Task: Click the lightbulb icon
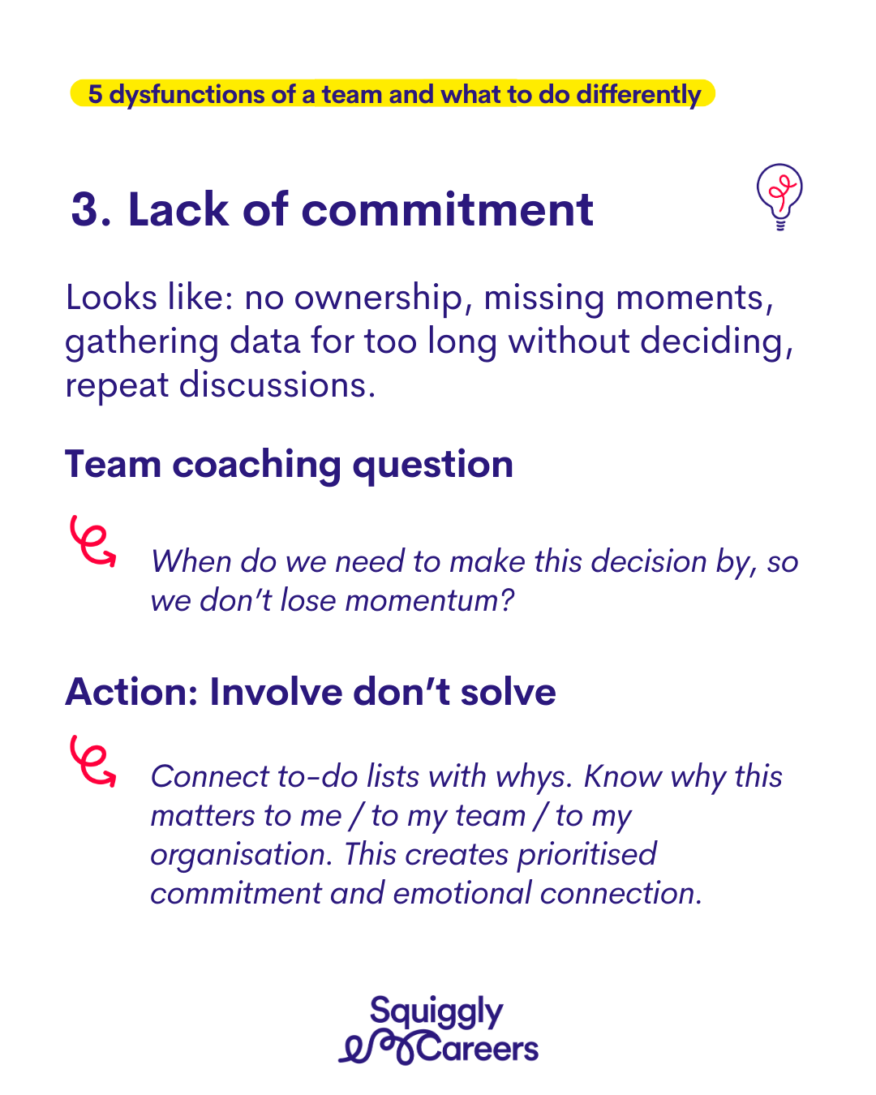tap(779, 196)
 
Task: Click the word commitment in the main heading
tap(447, 209)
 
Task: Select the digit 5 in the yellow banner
tap(95, 94)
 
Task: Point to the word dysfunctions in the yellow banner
tap(187, 95)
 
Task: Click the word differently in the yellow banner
tap(639, 95)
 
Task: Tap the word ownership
tap(379, 298)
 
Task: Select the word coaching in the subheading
tap(257, 465)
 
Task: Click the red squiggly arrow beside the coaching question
tap(92, 540)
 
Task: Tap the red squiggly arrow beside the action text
tap(92, 761)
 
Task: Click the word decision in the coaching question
tap(648, 562)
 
